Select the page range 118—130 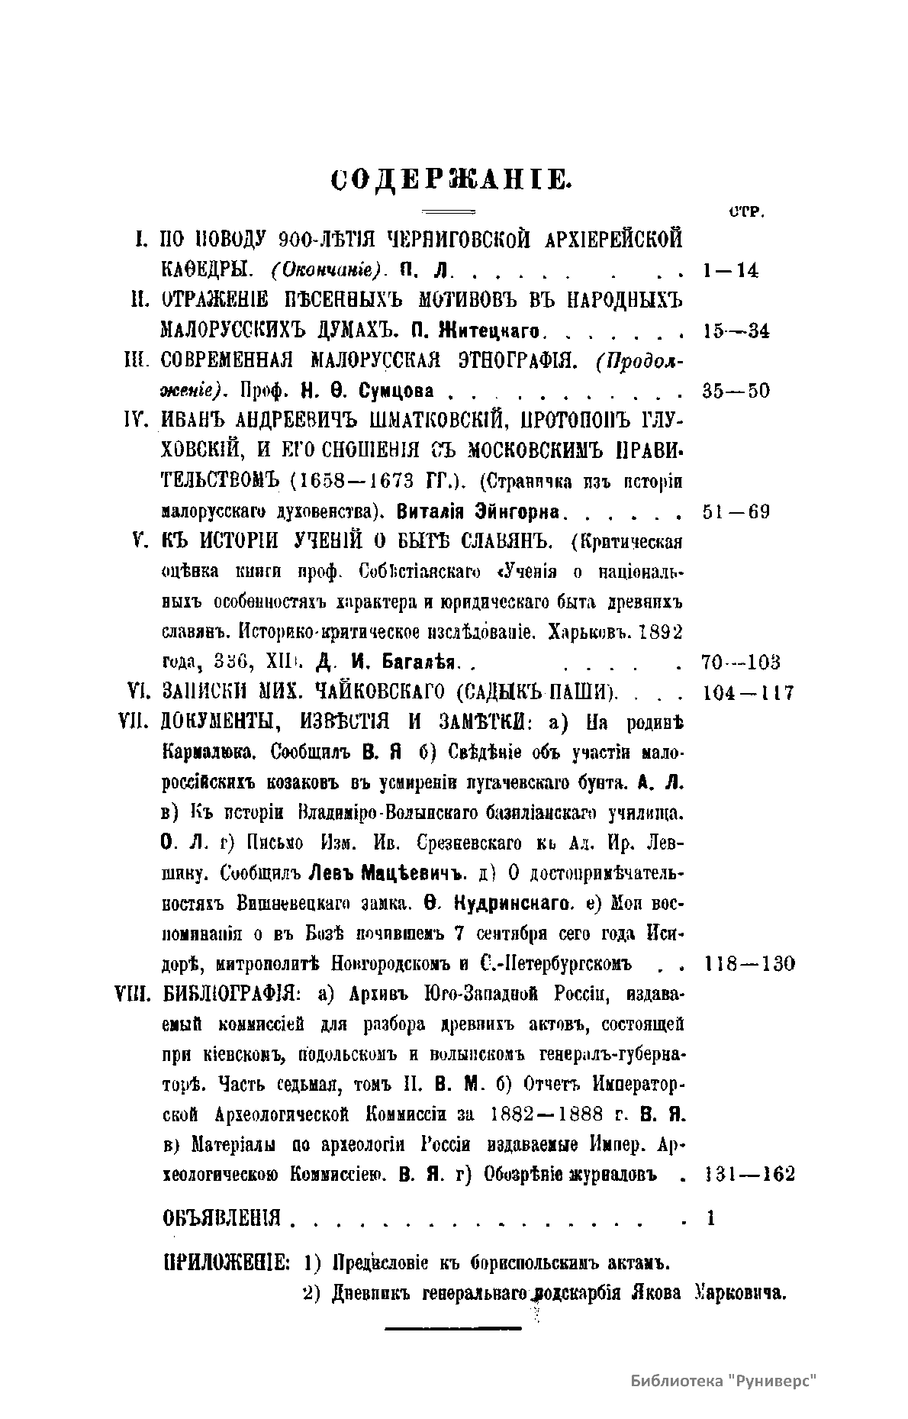[747, 964]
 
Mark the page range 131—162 [747, 1173]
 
